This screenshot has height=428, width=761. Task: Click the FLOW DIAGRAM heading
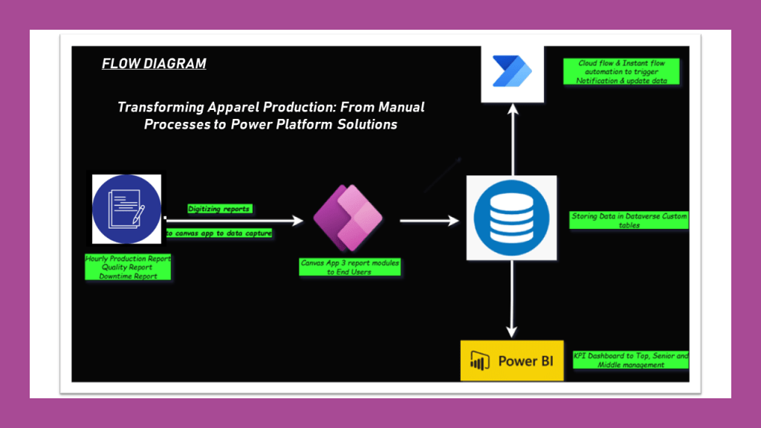[x=154, y=64]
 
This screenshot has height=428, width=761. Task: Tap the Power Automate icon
[x=513, y=74]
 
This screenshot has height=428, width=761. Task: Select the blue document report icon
[x=126, y=210]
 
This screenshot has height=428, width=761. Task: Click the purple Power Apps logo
[x=347, y=218]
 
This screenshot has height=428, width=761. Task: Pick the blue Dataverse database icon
[x=511, y=218]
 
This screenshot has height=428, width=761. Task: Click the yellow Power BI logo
[x=512, y=361]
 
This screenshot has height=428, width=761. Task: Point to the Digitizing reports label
[x=219, y=209]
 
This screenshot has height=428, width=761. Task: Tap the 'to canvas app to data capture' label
[x=218, y=233]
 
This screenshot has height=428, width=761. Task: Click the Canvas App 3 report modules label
[x=349, y=267]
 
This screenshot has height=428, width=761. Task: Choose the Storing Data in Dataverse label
[x=629, y=220]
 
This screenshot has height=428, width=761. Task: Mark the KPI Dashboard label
[x=630, y=360]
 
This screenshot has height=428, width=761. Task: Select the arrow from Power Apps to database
[x=430, y=221]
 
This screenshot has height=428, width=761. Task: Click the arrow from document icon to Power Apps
[x=234, y=221]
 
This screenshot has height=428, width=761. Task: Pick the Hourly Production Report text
[x=128, y=259]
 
